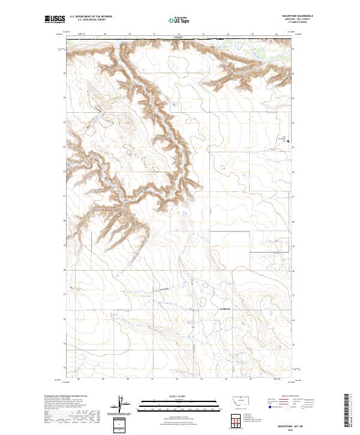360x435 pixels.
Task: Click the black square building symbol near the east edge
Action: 289,142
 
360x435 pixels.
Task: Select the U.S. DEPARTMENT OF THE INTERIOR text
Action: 91,16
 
